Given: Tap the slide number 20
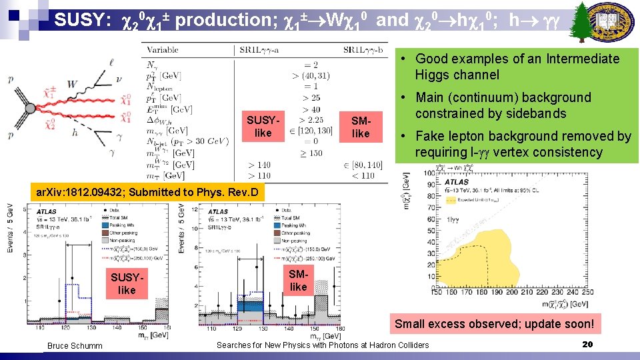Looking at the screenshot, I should (587, 345).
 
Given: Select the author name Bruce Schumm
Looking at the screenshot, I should (75, 345).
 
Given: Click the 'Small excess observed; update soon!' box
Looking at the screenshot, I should (494, 325).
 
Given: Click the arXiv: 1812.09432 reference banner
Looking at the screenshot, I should (149, 193).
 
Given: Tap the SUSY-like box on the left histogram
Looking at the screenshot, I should (126, 283).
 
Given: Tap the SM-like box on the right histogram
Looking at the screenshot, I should (298, 280).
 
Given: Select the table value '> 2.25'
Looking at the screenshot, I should (311, 120).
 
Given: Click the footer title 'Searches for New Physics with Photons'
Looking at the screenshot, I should (323, 345).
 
